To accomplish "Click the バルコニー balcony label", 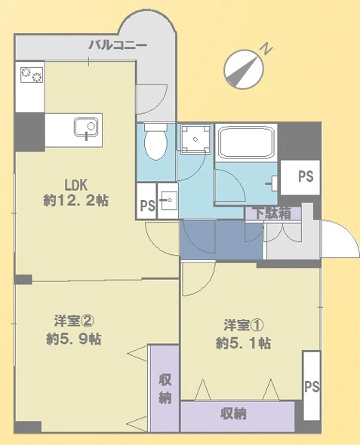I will coord(117,44).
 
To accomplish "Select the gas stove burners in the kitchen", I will coord(31,76).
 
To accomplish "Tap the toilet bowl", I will coord(155,143).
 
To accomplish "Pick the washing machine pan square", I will coord(195,140).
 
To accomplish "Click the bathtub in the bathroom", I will coord(246,143).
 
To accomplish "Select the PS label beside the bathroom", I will coord(305,177).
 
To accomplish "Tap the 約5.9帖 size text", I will coord(73,339).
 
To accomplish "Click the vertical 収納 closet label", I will coord(165,388).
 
